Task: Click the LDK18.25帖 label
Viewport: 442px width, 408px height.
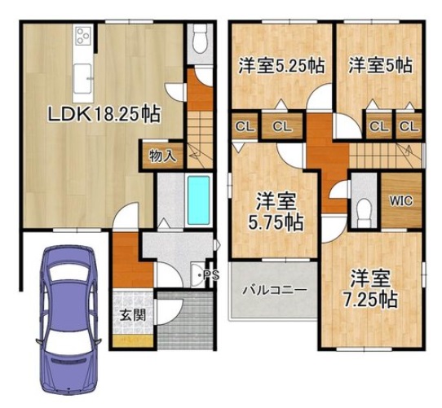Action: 104,115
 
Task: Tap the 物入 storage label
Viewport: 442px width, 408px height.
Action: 163,156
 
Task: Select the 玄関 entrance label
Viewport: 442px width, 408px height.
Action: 133,315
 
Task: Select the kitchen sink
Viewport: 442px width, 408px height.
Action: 82,79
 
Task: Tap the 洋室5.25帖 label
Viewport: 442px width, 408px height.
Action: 281,66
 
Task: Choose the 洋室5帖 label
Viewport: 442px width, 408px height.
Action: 380,65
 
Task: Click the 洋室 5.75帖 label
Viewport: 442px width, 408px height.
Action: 276,212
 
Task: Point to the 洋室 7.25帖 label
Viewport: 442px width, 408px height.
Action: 370,288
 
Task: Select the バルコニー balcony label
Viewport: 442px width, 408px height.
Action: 275,289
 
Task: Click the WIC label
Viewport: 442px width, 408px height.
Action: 401,201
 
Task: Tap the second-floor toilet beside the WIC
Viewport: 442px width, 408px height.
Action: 364,213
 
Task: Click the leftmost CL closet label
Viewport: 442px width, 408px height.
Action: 245,127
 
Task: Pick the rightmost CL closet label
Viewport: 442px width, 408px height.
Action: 409,126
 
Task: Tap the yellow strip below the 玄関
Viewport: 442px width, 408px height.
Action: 132,340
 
